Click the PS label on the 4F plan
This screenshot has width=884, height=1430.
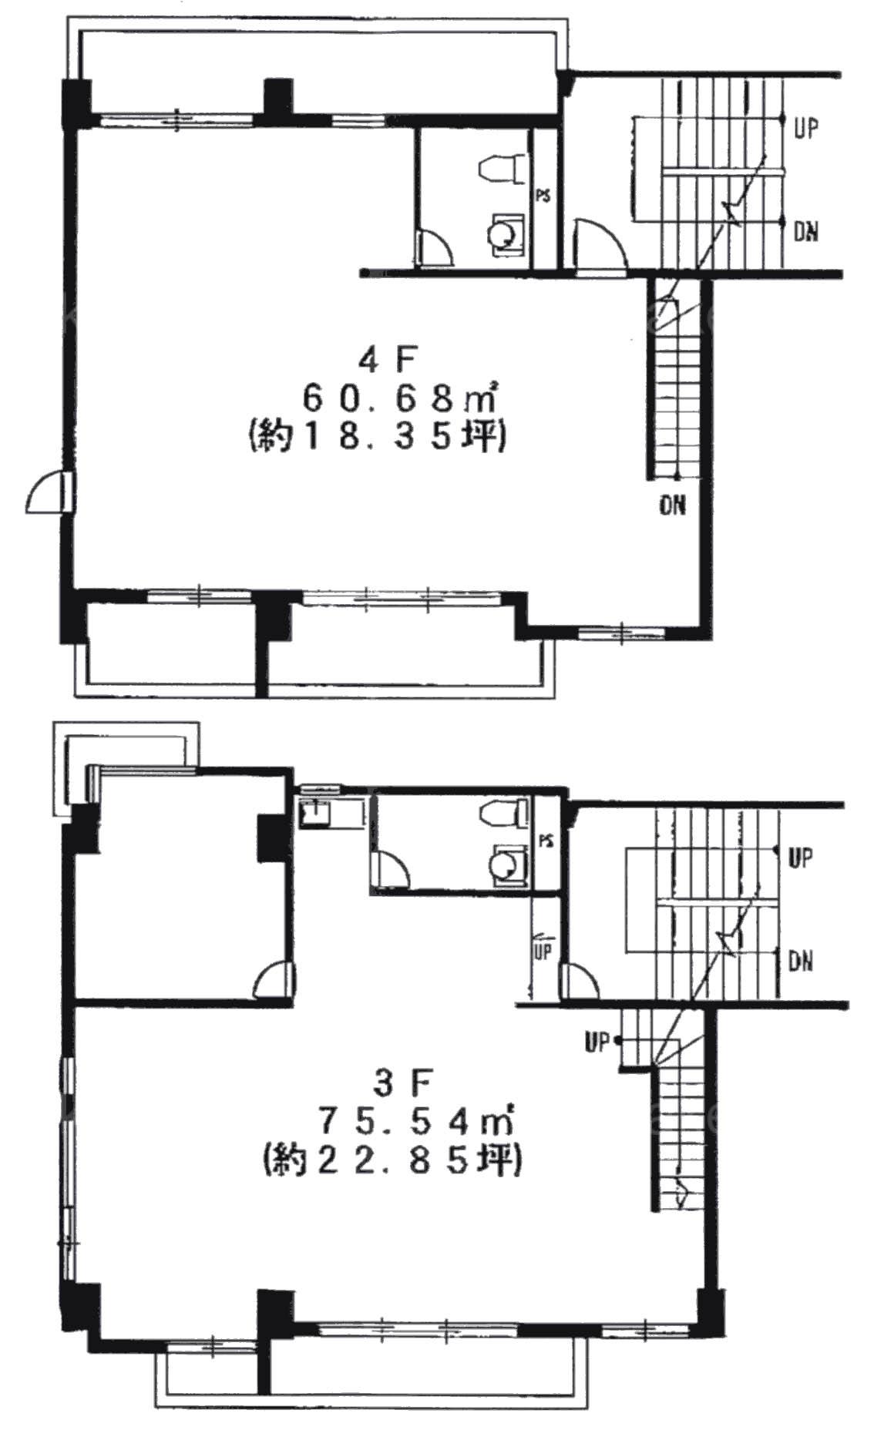point(544,196)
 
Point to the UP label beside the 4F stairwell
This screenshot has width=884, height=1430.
point(806,128)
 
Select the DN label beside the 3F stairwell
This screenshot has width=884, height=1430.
point(802,961)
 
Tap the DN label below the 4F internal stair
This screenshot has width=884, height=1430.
point(672,505)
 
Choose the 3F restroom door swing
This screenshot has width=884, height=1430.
point(391,868)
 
